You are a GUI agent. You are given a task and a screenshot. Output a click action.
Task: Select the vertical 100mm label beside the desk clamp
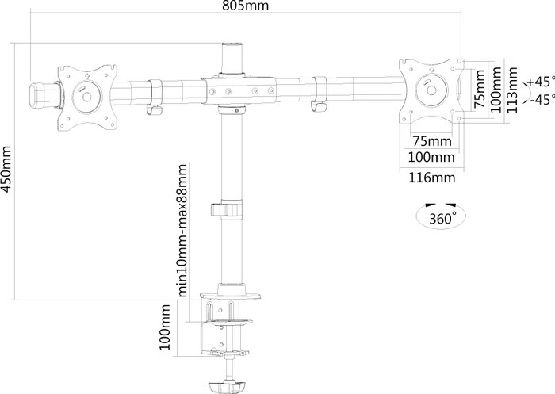[165, 330]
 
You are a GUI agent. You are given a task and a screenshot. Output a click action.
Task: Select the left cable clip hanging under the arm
[155, 97]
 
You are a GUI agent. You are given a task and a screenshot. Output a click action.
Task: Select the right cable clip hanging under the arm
[320, 94]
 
